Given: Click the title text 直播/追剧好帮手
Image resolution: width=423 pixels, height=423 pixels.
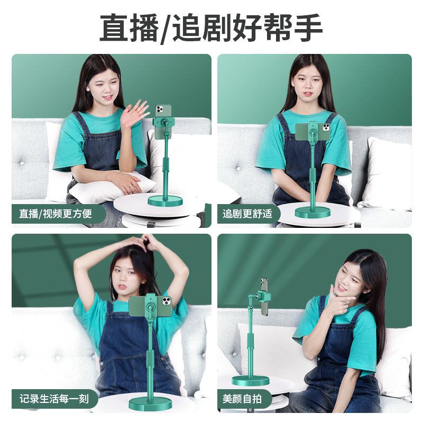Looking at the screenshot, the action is [211, 28].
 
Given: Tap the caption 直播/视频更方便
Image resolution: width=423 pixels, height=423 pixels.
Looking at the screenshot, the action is [56, 214].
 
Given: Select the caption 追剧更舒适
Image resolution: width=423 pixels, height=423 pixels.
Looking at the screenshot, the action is [247, 214].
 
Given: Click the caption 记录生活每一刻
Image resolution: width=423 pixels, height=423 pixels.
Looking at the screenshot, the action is [54, 399].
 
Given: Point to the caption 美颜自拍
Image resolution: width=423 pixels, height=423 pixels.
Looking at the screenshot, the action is [242, 399].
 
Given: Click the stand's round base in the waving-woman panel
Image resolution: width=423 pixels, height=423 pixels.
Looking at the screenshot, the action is [165, 201].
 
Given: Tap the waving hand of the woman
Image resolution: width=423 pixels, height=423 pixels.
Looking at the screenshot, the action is [134, 113].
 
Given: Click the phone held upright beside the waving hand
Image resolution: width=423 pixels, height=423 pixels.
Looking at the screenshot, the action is [163, 122].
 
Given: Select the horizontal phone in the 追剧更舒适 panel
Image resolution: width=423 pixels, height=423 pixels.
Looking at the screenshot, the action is [313, 132].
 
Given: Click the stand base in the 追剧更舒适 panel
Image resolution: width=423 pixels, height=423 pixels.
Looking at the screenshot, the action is [312, 213].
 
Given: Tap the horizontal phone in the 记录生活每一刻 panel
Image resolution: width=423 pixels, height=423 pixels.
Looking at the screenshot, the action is [151, 307].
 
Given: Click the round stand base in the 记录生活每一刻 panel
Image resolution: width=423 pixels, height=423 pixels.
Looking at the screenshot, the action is [150, 404].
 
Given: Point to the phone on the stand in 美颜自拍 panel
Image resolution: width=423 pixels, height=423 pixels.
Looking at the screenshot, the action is [265, 296].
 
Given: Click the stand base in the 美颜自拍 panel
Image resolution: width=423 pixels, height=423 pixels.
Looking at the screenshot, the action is [250, 381].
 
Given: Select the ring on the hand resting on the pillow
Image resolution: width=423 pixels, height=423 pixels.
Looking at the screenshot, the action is [130, 186].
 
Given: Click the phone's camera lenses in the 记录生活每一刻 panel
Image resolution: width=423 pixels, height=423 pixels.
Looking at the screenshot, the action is [167, 300].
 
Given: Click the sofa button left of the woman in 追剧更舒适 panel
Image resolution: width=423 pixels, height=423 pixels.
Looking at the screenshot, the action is [238, 169].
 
